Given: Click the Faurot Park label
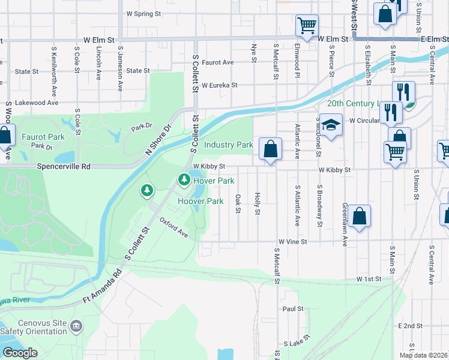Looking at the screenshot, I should point(38,137).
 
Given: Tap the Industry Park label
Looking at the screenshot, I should point(228,145).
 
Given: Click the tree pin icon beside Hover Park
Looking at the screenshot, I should point(183,179).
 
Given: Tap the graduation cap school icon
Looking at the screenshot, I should point(331,125).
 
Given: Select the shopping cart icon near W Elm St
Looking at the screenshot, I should point(307,26).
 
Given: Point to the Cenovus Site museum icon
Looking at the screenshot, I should point(76,326).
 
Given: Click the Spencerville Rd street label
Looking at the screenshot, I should point(64,166).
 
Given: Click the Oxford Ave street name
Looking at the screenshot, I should point(174,227).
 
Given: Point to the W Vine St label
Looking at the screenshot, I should point(291,242).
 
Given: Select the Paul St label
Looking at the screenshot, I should point(292,309).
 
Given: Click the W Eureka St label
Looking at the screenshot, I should point(219,85).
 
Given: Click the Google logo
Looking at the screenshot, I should point(20,353).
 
